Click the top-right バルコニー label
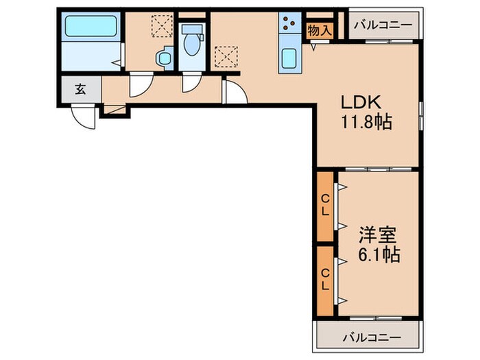coord(383,25)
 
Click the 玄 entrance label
coord(80,89)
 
